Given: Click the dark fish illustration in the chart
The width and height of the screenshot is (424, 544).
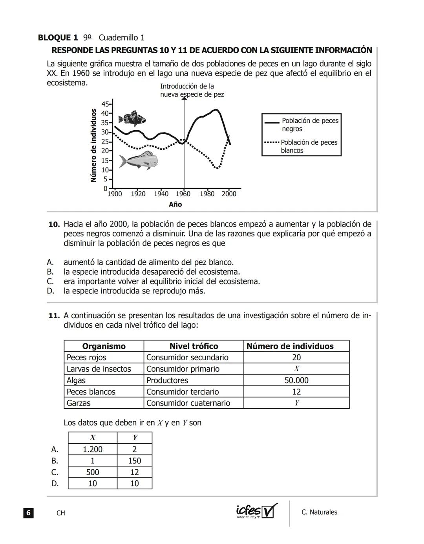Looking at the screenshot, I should click(x=132, y=118).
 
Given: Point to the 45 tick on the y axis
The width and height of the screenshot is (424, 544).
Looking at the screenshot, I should click(x=106, y=104).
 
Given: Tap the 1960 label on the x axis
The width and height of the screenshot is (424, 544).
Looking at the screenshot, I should click(x=183, y=194).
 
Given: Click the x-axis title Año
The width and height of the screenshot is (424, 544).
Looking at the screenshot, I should click(x=175, y=205).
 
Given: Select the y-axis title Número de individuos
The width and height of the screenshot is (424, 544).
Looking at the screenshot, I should click(x=93, y=146).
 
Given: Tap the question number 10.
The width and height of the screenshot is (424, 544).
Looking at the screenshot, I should click(x=54, y=225).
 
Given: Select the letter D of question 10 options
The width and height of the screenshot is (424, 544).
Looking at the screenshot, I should click(x=50, y=291).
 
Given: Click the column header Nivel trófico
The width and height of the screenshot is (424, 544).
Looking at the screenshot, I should click(x=194, y=346).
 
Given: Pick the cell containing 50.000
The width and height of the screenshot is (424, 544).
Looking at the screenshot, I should click(x=296, y=380).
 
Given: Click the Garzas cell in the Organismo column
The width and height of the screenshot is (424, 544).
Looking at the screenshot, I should click(x=79, y=403).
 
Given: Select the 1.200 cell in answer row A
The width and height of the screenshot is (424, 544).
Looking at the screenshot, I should click(x=93, y=449).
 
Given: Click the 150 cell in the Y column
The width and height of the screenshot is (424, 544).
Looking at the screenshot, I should click(x=135, y=461).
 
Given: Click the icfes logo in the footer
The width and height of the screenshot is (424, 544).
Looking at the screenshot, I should click(x=256, y=511).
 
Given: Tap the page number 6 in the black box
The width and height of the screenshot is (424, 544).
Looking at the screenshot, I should click(x=28, y=513).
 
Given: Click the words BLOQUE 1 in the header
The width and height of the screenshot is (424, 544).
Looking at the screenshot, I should click(x=58, y=38).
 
